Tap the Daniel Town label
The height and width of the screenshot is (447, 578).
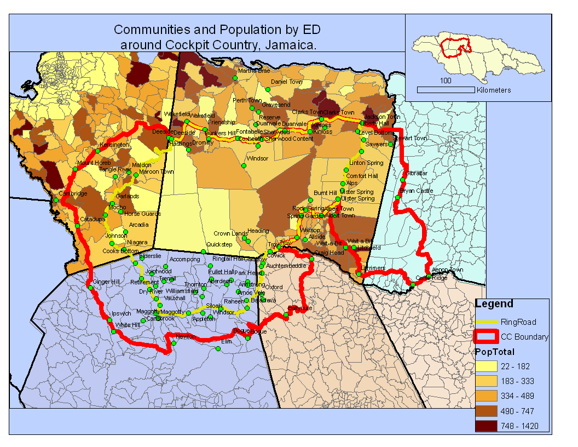pyautogui.click(x=286, y=82)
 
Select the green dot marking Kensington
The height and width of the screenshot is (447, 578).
pyautogui.click(x=97, y=151)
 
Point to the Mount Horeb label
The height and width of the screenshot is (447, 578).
pyautogui.click(x=94, y=163)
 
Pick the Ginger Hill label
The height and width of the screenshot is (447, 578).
pyautogui.click(x=106, y=282)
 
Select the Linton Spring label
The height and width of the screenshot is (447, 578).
pyautogui.click(x=366, y=163)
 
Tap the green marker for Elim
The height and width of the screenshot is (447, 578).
pyautogui.click(x=217, y=348)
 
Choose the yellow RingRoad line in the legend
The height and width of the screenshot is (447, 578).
pyautogui.click(x=486, y=322)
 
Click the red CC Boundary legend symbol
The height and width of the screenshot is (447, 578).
pyautogui.click(x=486, y=337)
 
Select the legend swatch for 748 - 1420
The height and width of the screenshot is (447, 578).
pyautogui.click(x=486, y=426)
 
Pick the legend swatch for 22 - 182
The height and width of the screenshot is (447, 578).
pyautogui.click(x=486, y=366)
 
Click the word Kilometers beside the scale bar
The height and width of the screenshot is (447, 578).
pyautogui.click(x=494, y=90)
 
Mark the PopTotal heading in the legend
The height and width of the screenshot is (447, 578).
pyautogui.click(x=494, y=352)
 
